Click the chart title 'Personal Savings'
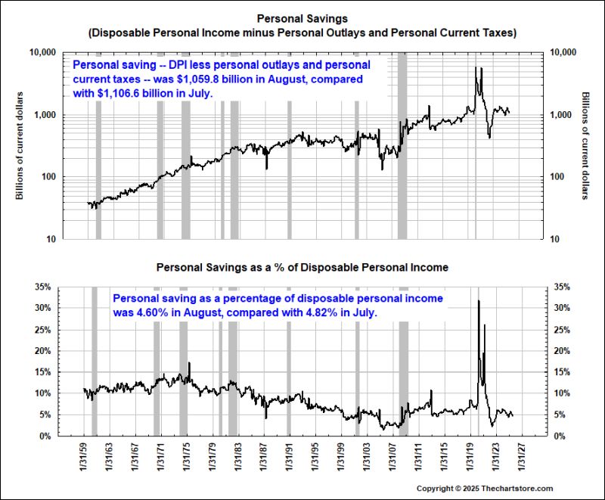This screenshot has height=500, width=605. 302,18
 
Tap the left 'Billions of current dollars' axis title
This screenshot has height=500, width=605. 20,145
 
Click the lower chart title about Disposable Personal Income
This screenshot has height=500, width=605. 302,268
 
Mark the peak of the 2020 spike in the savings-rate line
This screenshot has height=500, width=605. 478,301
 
